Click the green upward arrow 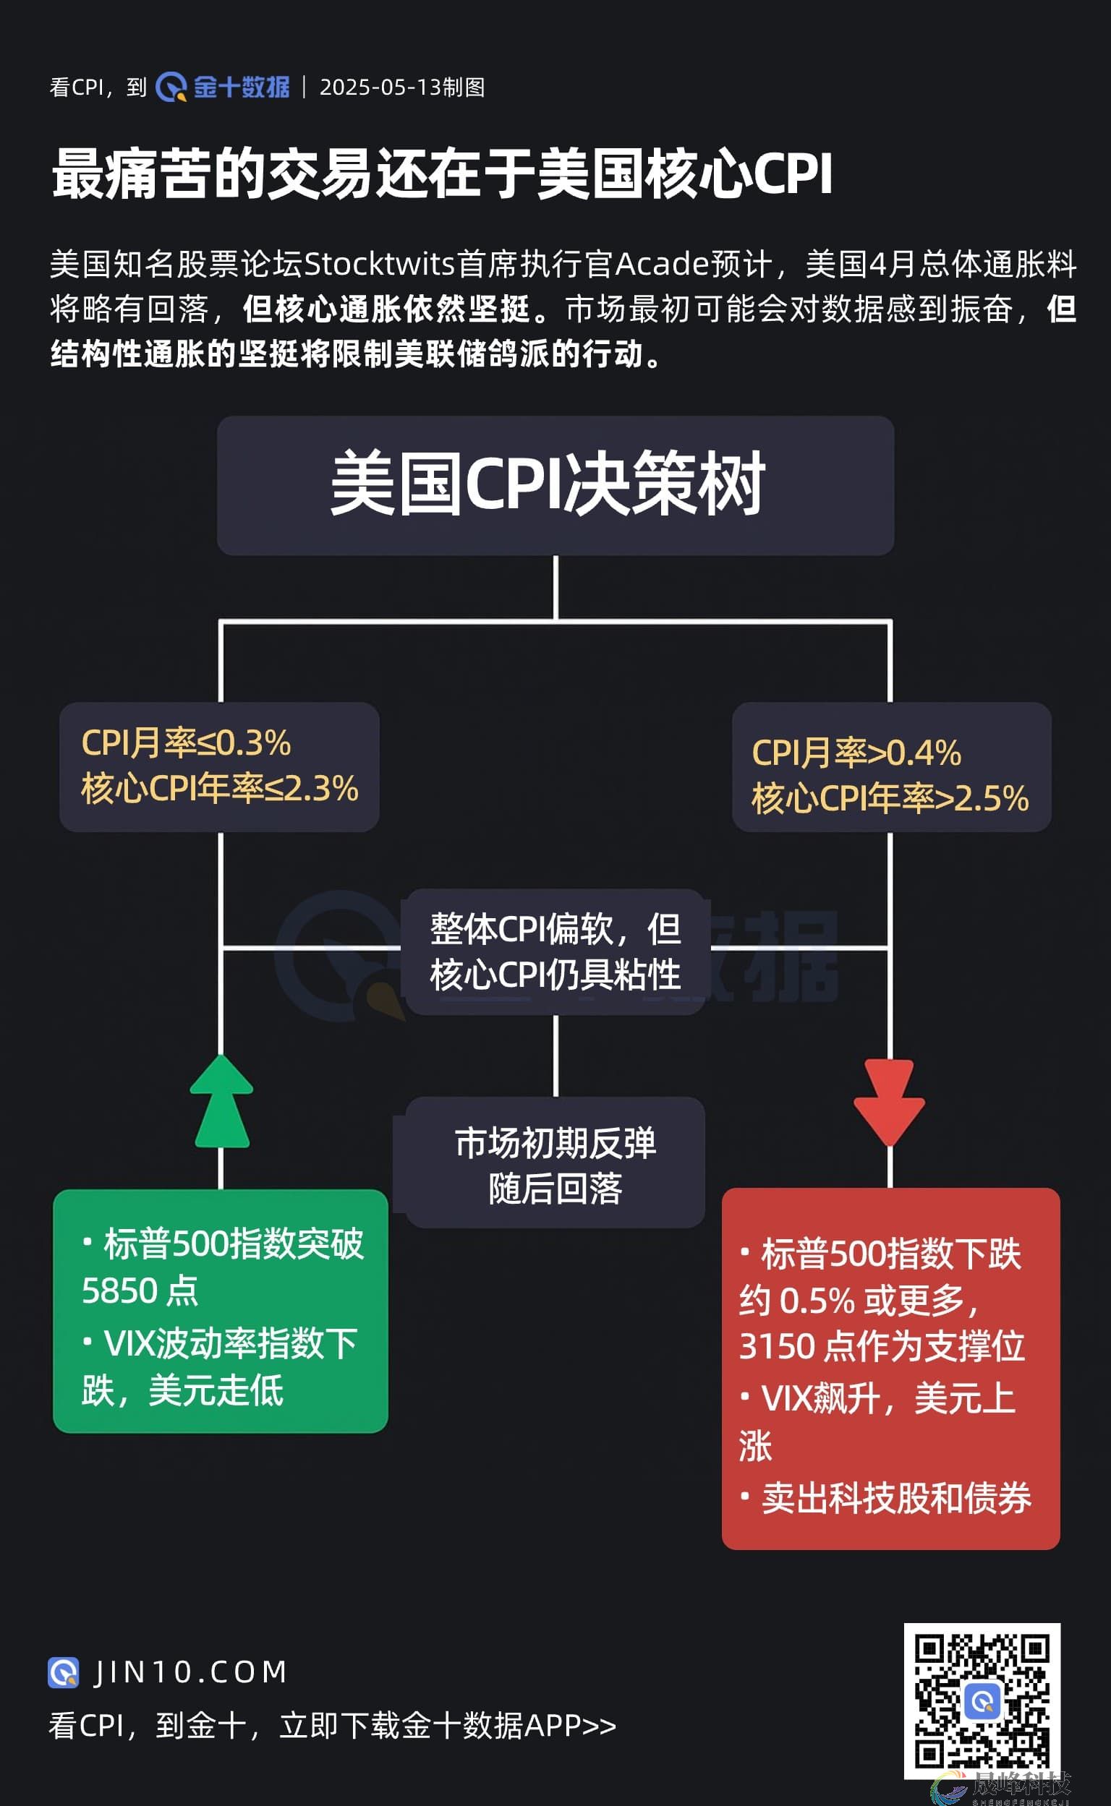[221, 1103]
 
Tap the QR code [982, 1700]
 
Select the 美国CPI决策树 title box [555, 485]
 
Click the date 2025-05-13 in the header [380, 87]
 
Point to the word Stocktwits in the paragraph [379, 265]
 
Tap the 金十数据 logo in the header [224, 87]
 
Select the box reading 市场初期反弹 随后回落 [555, 1165]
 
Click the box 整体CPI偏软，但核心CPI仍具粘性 [555, 952]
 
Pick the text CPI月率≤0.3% [186, 742]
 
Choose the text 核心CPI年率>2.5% [889, 798]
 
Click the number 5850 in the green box [118, 1291]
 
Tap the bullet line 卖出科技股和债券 [895, 1498]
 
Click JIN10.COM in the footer [190, 1672]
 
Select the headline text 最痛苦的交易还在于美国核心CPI [442, 174]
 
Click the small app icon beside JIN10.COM [63, 1672]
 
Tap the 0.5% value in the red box [817, 1301]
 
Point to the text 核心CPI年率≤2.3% [219, 789]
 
